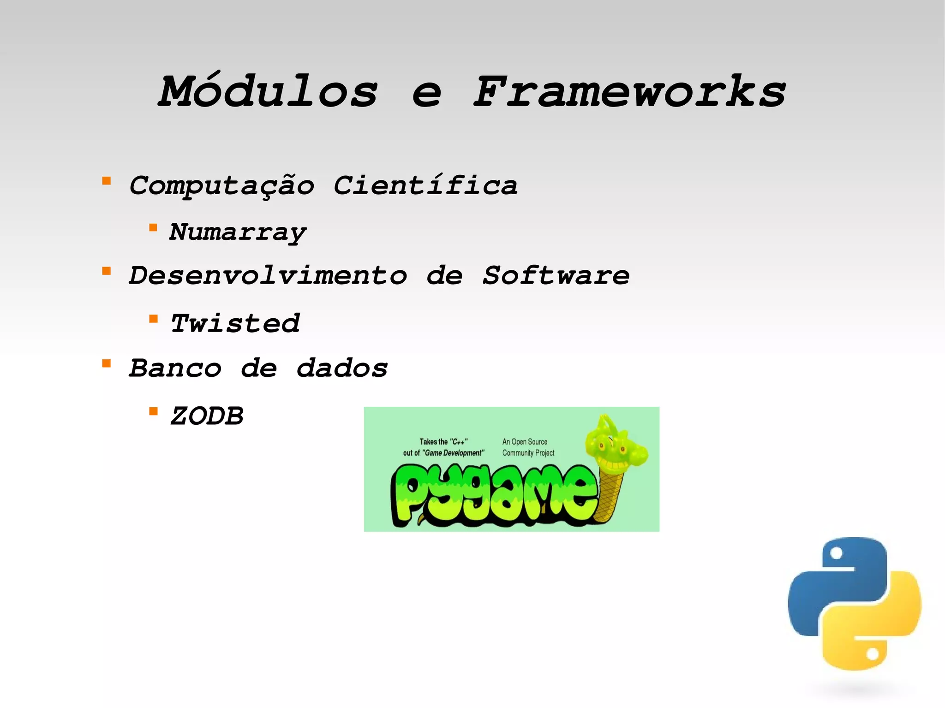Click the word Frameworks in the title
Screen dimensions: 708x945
(x=629, y=92)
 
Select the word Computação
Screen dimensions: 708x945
(x=221, y=186)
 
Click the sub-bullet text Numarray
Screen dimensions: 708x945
(x=238, y=232)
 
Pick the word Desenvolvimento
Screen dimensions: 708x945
(x=268, y=276)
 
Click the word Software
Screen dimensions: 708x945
(x=556, y=276)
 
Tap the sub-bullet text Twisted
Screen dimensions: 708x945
(x=235, y=323)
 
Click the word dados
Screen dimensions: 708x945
(x=341, y=368)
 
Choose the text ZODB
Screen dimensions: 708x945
(x=207, y=416)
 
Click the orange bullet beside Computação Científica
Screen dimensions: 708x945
(x=107, y=181)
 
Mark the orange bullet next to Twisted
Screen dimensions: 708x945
(x=154, y=319)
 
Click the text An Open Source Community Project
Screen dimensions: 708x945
(x=528, y=447)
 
